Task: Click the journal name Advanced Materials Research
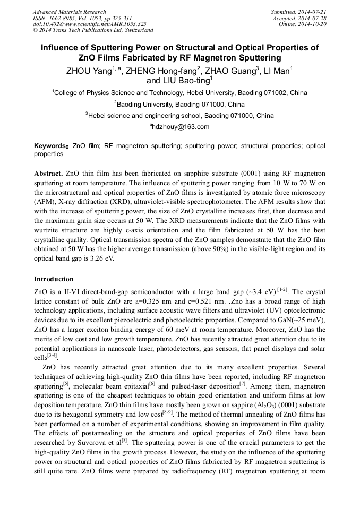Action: (69, 12)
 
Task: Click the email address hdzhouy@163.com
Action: (180, 126)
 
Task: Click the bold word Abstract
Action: (48, 174)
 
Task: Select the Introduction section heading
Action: (54, 279)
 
